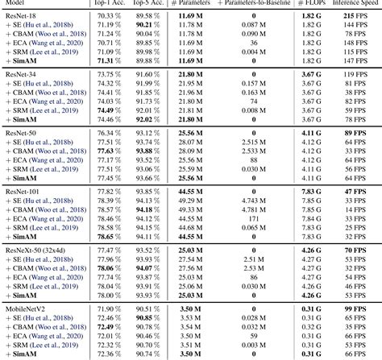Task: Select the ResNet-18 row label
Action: [x=21, y=15]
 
